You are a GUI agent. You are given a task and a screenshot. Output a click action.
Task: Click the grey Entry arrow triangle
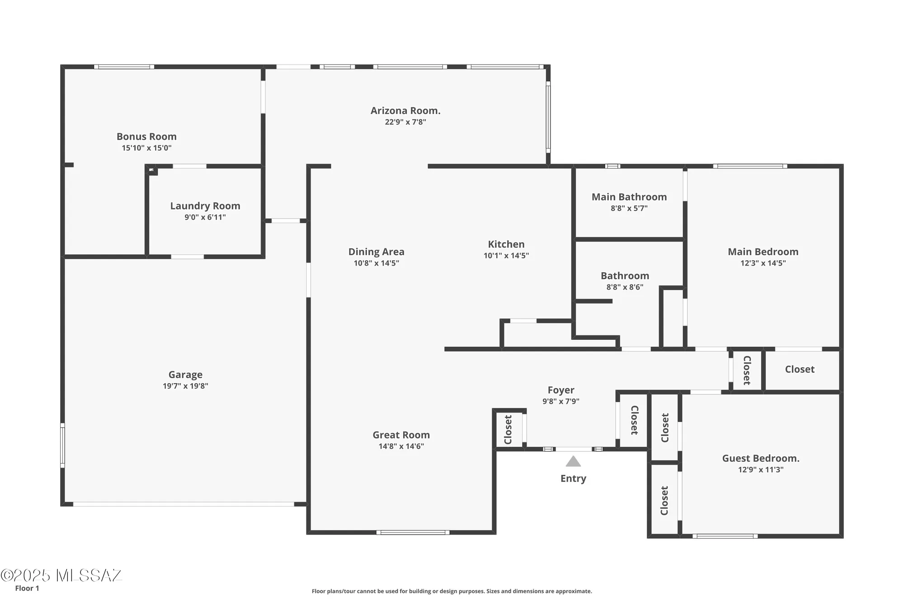pos(573,462)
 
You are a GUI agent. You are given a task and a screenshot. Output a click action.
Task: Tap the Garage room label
pos(185,375)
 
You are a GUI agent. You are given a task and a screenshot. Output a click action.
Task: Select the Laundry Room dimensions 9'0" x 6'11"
pos(205,217)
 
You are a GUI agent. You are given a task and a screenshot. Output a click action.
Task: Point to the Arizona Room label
pos(405,111)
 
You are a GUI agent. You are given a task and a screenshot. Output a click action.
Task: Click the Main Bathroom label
pos(629,197)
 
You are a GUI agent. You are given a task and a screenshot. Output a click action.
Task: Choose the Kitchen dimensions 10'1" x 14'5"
pos(506,256)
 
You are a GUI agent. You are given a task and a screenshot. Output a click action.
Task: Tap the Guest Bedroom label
pos(761,458)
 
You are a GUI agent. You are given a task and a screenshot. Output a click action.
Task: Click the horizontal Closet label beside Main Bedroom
pos(800,369)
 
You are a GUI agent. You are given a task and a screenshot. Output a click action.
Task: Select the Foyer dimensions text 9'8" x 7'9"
pos(560,401)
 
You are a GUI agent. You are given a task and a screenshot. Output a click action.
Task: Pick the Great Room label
pos(401,435)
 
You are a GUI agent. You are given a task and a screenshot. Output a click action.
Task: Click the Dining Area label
pos(376,252)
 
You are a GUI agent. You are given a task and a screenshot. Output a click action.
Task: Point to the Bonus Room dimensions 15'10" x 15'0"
pos(146,148)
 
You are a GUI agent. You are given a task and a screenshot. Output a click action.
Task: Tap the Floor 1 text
pos(27,588)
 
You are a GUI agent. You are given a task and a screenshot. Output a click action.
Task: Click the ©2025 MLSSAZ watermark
pos(61,575)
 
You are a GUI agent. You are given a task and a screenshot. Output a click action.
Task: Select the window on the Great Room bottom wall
pos(413,532)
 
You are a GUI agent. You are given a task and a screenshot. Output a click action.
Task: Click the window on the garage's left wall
pos(62,445)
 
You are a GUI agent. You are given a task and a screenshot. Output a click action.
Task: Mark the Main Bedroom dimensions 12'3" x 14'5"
pos(763,263)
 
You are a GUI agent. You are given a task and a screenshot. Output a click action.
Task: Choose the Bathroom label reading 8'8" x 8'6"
pos(625,287)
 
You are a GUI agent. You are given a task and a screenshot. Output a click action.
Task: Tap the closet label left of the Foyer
pos(508,430)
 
